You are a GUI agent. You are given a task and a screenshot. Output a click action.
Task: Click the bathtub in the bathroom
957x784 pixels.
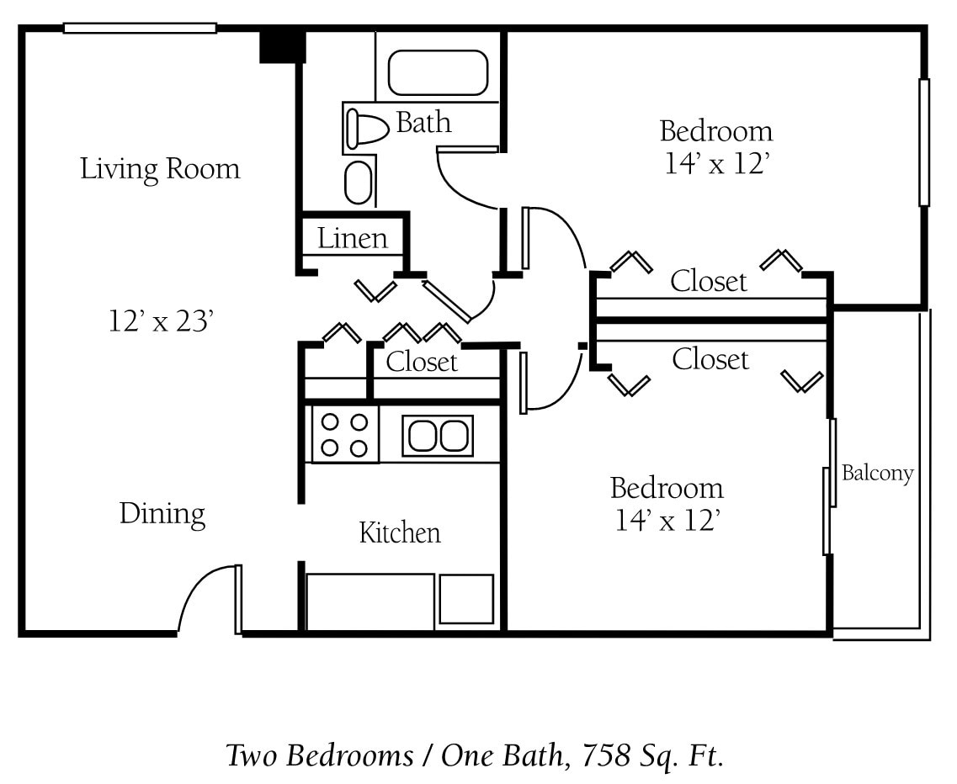[437, 73]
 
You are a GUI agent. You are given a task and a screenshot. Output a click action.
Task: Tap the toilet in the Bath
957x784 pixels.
[367, 129]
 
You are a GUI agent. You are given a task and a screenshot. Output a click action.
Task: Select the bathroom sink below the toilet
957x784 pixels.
[359, 183]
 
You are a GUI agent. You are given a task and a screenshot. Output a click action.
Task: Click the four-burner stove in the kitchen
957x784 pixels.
[345, 435]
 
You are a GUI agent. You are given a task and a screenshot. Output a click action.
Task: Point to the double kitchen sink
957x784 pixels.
[438, 436]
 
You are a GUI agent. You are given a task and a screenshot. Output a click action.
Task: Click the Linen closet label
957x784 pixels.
[353, 239]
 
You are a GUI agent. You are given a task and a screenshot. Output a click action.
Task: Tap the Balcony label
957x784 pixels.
[877, 473]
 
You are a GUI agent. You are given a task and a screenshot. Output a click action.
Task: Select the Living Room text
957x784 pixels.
[160, 169]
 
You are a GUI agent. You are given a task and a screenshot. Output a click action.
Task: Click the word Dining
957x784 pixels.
[162, 513]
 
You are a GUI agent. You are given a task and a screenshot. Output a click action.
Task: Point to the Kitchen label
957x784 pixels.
[400, 532]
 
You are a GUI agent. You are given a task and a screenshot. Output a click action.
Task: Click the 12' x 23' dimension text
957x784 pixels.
[159, 320]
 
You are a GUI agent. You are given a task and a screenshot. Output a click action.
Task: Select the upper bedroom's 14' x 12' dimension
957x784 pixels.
[716, 163]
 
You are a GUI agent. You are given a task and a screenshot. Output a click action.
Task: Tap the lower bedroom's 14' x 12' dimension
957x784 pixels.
[666, 521]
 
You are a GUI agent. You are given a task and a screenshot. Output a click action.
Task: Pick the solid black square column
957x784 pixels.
[281, 45]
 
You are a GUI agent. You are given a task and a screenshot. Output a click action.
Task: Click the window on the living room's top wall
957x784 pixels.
[140, 28]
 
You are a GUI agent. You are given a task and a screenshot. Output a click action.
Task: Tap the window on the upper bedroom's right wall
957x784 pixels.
[923, 142]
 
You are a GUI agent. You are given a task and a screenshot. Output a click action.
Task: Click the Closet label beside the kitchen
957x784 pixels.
[422, 362]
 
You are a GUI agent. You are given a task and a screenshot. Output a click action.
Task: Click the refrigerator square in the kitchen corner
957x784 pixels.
[466, 599]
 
